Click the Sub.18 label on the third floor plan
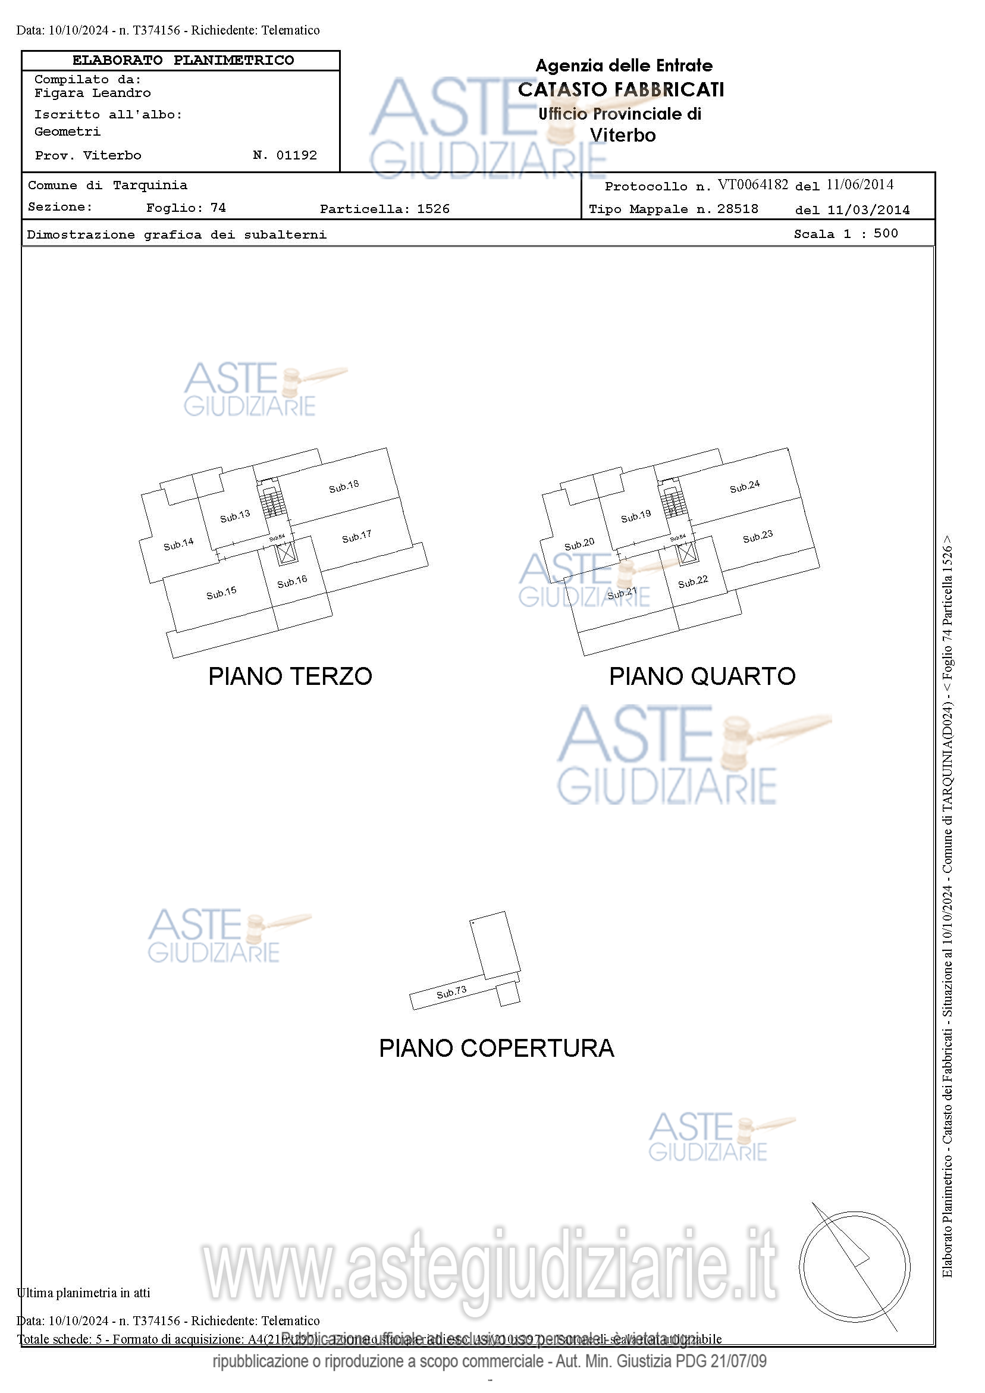[344, 487]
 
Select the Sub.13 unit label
[235, 516]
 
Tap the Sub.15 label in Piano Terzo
[221, 593]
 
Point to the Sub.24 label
[744, 487]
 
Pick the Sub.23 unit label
[758, 536]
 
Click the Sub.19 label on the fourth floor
[636, 516]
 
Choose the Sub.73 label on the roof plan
[451, 992]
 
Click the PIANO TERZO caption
[290, 677]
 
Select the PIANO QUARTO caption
[702, 677]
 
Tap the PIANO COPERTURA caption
[496, 1048]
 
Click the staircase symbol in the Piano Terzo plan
[273, 502]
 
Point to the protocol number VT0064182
[752, 184]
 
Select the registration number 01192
[297, 155]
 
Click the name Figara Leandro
[92, 93]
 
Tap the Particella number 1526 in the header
[433, 209]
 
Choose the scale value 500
[886, 234]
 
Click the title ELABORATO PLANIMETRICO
[183, 61]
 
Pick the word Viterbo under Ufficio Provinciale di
[623, 135]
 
